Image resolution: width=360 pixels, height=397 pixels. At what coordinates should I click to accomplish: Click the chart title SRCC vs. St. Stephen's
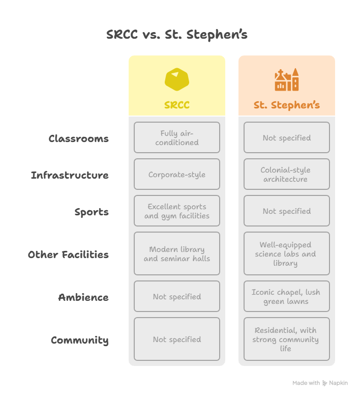click(x=177, y=35)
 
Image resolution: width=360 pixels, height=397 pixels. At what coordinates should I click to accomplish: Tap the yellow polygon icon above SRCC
click(x=177, y=79)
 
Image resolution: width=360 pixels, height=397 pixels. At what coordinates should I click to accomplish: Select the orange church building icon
click(x=287, y=79)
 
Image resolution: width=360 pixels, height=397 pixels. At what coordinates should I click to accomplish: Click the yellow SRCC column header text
click(x=177, y=105)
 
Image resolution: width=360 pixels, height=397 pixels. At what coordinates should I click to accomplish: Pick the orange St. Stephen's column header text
click(x=287, y=105)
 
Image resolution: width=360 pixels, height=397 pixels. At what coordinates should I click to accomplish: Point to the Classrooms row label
click(x=78, y=138)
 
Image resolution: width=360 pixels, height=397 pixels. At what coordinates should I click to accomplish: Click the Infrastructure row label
click(x=70, y=175)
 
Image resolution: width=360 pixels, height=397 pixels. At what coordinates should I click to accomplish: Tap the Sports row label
click(x=92, y=212)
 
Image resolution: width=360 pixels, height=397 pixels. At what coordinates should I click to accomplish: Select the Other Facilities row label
click(x=68, y=254)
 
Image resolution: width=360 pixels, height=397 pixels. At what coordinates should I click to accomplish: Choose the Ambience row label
click(x=83, y=297)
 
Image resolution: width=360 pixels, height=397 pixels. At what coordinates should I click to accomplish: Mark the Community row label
click(x=80, y=340)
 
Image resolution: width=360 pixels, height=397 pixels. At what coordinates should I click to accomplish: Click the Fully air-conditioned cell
click(x=177, y=137)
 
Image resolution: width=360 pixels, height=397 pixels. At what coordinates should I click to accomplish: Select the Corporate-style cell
click(x=177, y=174)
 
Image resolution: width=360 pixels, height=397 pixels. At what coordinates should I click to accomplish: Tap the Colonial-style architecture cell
click(x=287, y=174)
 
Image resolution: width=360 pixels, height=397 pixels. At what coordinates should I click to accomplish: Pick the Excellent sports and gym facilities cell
click(x=177, y=211)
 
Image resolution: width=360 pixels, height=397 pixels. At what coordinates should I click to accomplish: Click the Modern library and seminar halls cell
click(x=177, y=253)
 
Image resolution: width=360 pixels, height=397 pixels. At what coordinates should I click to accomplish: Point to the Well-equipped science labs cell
click(x=287, y=253)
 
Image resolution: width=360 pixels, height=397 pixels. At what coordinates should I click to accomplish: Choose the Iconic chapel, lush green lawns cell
click(x=287, y=296)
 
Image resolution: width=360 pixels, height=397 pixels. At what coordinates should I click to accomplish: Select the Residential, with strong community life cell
click(x=287, y=339)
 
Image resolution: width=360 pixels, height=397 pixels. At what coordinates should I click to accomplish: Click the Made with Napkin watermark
click(x=320, y=383)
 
